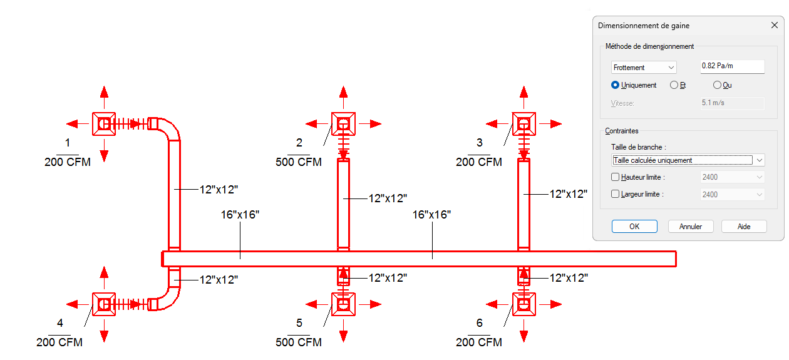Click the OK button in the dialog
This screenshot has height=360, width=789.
pyautogui.click(x=634, y=227)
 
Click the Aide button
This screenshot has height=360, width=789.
pyautogui.click(x=744, y=227)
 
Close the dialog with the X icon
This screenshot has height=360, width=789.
pyautogui.click(x=774, y=26)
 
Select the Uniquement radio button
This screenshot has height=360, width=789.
pyautogui.click(x=616, y=85)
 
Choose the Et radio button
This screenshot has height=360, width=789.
pyautogui.click(x=674, y=85)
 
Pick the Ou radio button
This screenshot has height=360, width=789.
pyautogui.click(x=718, y=85)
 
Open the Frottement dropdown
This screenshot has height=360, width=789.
pyautogui.click(x=644, y=67)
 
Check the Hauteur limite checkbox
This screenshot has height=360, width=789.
pyautogui.click(x=615, y=177)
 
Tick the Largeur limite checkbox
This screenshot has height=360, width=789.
pyautogui.click(x=615, y=194)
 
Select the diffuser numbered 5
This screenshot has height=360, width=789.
pyautogui.click(x=343, y=304)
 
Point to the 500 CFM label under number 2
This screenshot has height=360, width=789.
pyautogui.click(x=299, y=162)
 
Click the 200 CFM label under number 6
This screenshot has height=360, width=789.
pyautogui.click(x=479, y=342)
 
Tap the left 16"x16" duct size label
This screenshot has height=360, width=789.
pyautogui.click(x=240, y=215)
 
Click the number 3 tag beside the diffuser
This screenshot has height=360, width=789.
pyautogui.click(x=480, y=143)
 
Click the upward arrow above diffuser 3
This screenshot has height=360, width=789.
pyautogui.click(x=524, y=93)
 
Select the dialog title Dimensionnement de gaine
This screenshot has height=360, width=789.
pyautogui.click(x=644, y=26)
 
